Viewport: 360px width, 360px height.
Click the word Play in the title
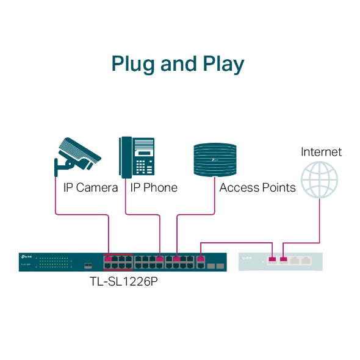coord(222,65)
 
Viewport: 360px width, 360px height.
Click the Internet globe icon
coord(319,180)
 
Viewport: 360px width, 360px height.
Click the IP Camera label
coord(90,188)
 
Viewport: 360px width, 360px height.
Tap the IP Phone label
coord(154,188)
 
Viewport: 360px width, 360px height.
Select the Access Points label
coord(257,188)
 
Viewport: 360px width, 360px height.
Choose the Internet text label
coord(321,152)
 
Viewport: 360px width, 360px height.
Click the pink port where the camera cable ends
coord(108,259)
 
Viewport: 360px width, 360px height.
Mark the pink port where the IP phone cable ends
coord(160,259)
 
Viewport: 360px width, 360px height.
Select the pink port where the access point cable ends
coord(176,259)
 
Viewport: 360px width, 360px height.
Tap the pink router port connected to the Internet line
coord(283,261)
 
